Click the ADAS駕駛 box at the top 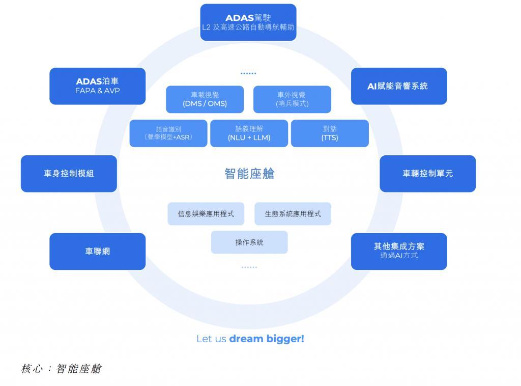point(248,22)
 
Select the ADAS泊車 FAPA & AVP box point(97,86)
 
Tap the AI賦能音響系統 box point(399,86)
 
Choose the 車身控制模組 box point(69,174)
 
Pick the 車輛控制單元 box point(427,174)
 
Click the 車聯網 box point(97,251)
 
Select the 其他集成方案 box point(399,251)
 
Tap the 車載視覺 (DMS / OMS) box point(205,99)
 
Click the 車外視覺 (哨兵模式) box point(292,99)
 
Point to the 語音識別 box point(168,133)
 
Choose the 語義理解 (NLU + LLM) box point(249,133)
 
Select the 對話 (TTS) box point(330,133)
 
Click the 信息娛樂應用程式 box point(206,214)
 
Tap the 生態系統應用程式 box point(293,214)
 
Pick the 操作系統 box point(249,242)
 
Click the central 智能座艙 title point(249,174)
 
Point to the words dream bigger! point(267,339)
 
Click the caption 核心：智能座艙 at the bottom point(62,369)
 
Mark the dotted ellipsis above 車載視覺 point(248,73)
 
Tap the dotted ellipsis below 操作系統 point(249,267)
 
